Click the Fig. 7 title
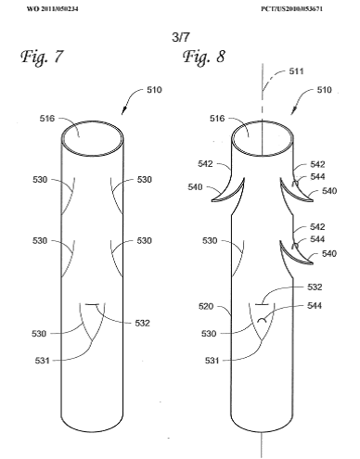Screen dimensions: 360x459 [42, 57]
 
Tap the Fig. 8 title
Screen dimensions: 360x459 [204, 57]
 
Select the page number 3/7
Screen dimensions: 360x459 [181, 37]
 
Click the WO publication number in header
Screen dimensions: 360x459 [52, 8]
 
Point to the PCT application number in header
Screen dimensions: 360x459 [291, 8]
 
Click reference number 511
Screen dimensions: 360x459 [296, 71]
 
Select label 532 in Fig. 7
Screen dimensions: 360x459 [142, 323]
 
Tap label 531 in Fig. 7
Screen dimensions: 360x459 [42, 361]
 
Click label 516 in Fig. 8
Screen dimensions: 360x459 [217, 118]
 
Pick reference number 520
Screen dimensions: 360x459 [206, 306]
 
